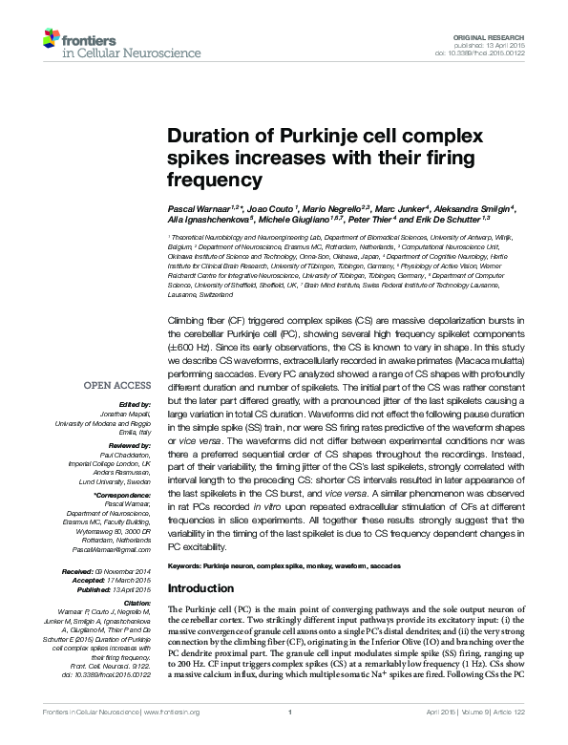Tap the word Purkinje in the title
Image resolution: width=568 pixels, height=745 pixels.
298,137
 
